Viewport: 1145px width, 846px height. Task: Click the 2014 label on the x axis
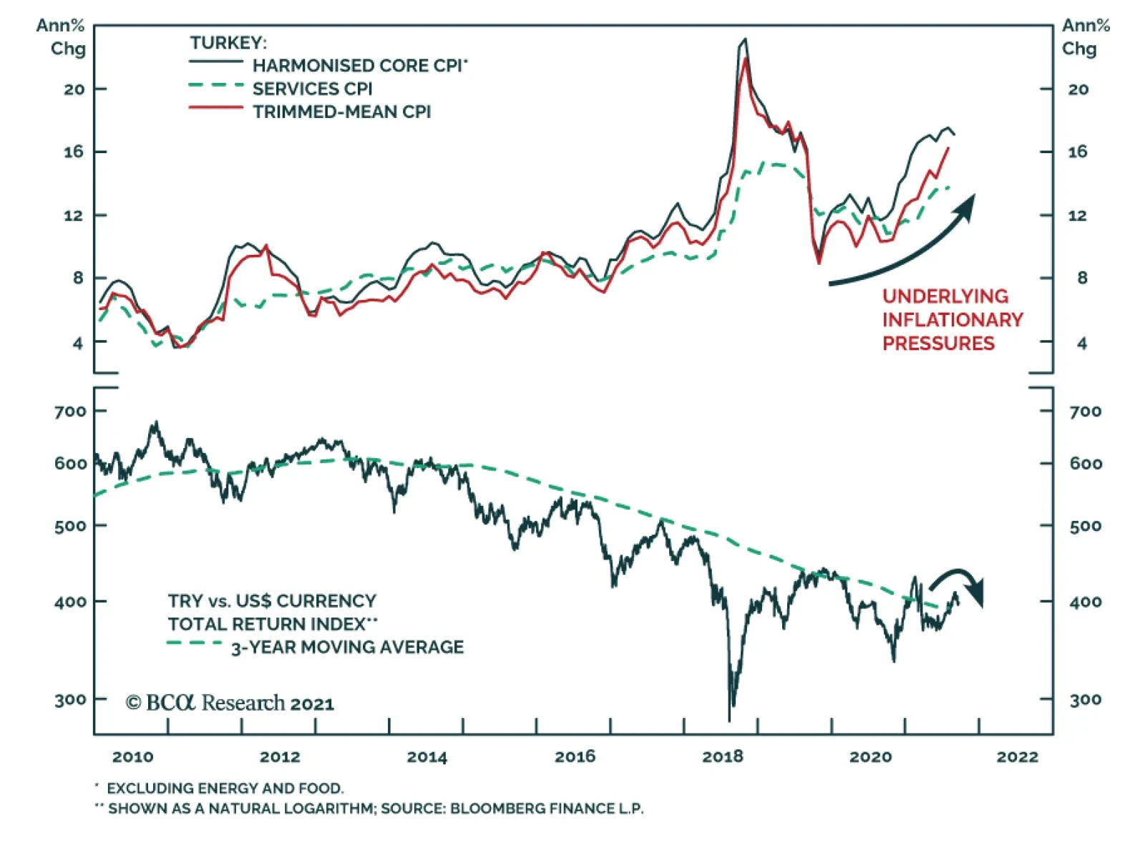[427, 757]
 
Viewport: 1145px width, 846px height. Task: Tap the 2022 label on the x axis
[1017, 757]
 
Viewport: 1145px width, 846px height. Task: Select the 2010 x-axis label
[132, 757]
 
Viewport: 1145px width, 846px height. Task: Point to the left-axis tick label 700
[70, 412]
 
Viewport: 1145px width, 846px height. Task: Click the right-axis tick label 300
[1085, 699]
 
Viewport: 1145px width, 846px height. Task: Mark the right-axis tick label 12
[1077, 215]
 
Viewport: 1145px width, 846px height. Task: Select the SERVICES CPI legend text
[312, 89]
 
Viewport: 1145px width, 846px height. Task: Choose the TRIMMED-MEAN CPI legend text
[341, 112]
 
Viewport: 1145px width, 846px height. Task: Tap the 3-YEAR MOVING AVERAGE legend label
[347, 647]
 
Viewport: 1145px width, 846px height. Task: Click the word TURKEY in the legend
[226, 43]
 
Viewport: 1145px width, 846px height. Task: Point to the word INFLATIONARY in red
[952, 319]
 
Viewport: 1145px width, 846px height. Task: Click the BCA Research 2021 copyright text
[230, 703]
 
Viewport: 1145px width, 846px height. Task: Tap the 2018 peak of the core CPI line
[746, 39]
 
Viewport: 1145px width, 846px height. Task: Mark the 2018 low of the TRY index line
[729, 719]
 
